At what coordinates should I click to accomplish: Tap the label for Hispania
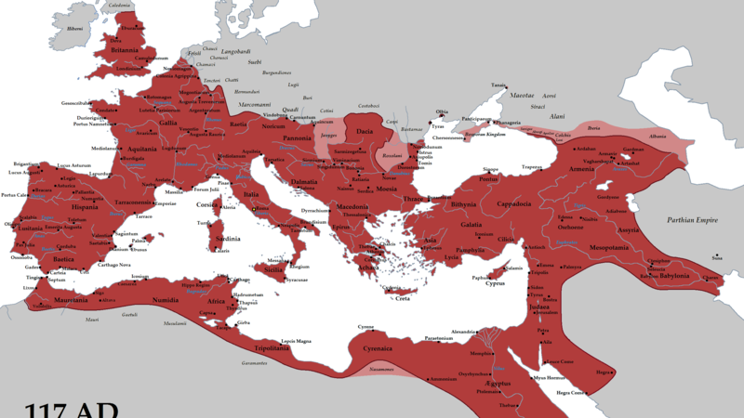pos(90,207)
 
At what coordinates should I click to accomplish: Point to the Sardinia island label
pos(228,239)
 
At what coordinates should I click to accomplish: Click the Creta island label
pos(402,299)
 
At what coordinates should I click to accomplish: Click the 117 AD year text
pos(70,408)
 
